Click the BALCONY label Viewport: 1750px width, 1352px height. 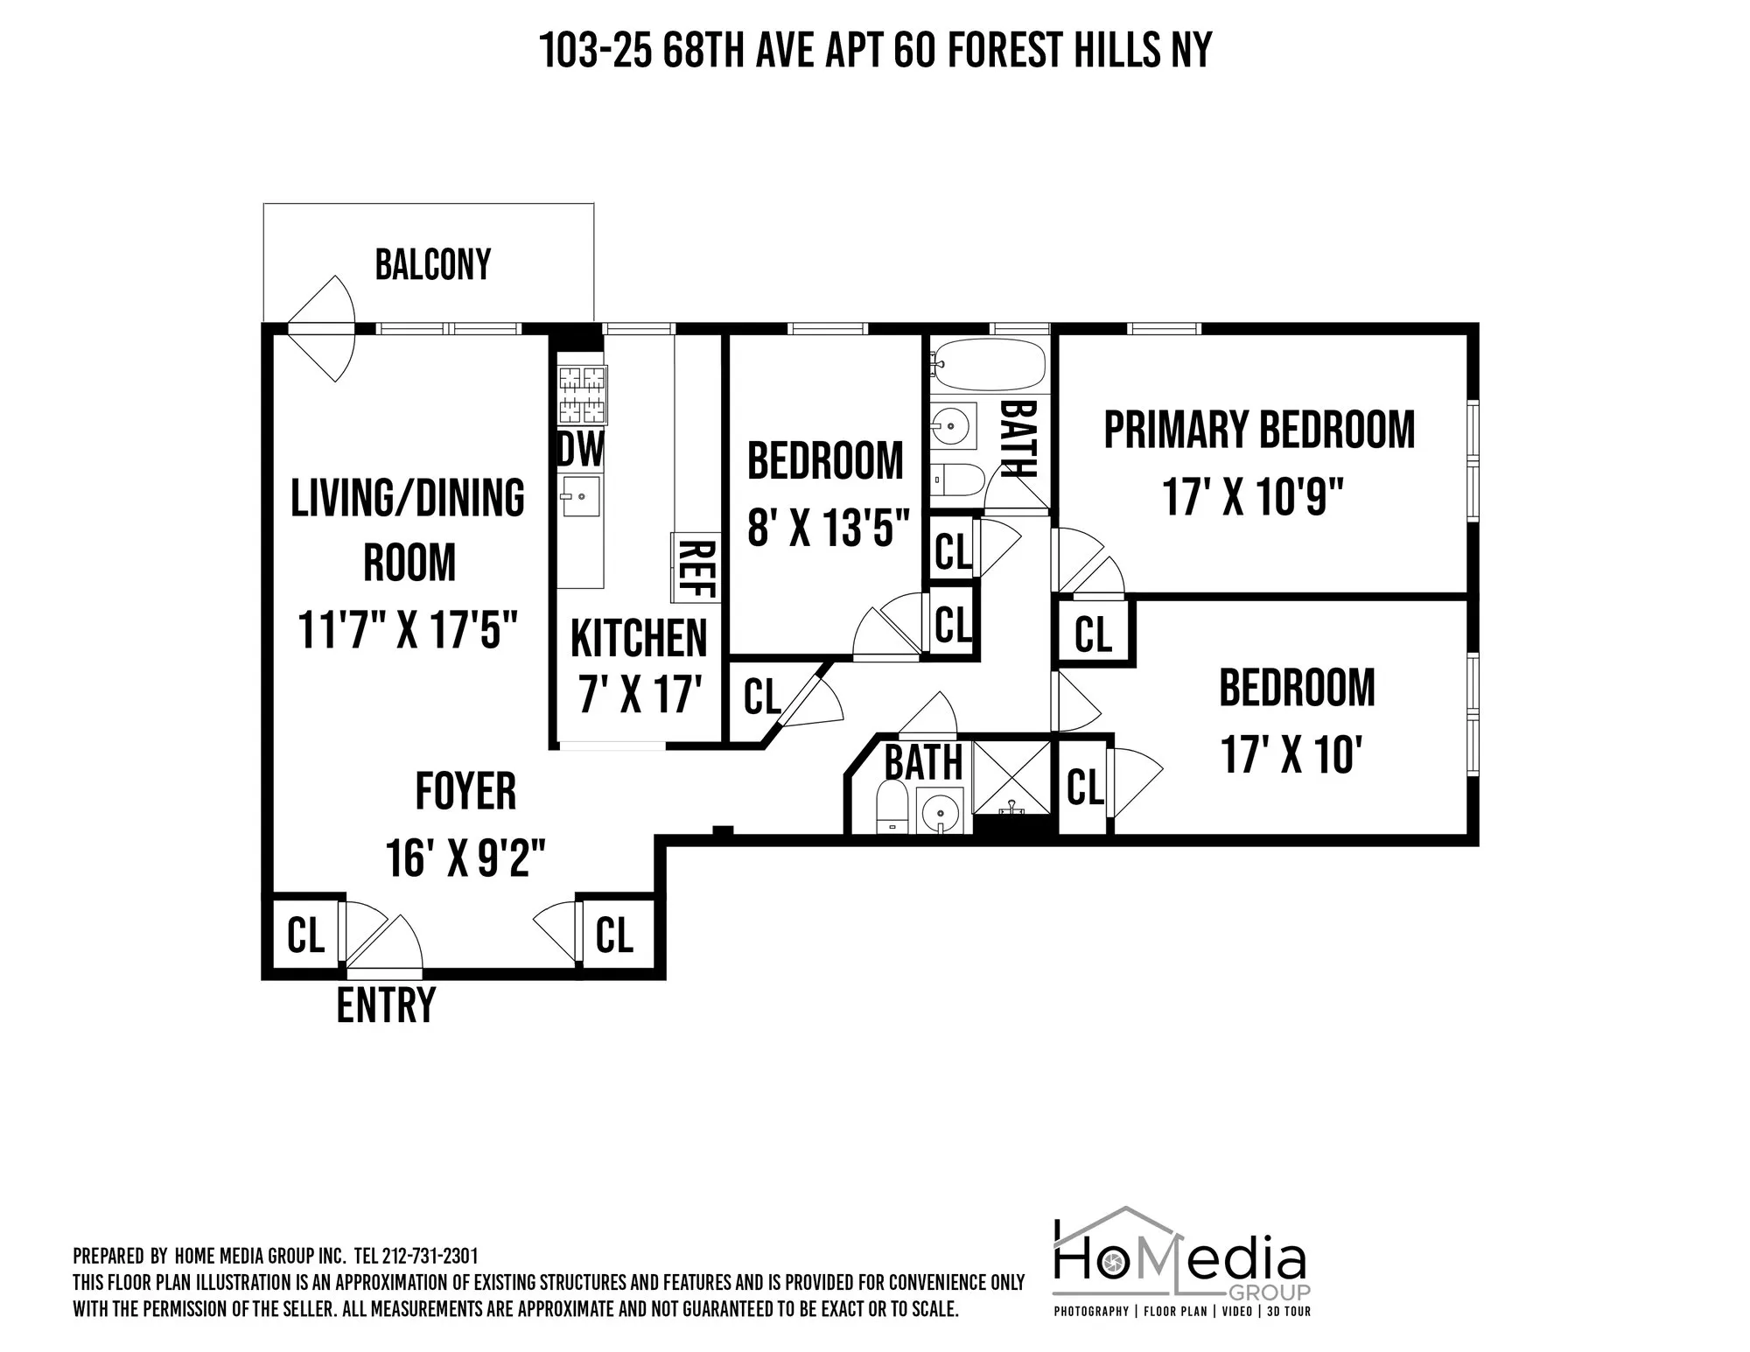[x=432, y=264]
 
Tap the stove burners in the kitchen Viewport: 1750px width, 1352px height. [x=582, y=395]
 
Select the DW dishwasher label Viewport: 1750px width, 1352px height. [x=580, y=450]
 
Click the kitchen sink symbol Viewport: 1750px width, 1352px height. [x=580, y=496]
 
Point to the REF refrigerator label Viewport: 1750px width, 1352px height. [x=696, y=569]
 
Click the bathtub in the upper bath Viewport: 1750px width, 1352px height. [x=990, y=365]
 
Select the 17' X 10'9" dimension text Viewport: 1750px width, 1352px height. [x=1253, y=498]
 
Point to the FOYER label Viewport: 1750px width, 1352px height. [x=465, y=791]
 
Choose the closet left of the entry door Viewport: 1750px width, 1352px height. [x=305, y=935]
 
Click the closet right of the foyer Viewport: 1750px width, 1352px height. [x=614, y=935]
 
